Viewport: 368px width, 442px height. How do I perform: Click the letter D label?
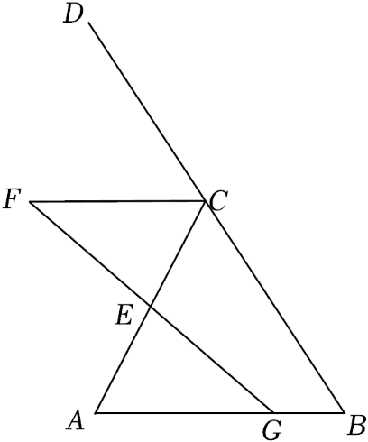[73, 15]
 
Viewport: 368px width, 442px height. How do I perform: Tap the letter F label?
[12, 199]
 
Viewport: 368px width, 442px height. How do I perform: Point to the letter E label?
[124, 317]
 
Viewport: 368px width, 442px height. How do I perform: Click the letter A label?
[76, 420]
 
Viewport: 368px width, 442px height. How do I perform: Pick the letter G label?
[272, 430]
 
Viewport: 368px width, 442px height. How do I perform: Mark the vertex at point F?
[30, 202]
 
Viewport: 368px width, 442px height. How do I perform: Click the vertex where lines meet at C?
[205, 201]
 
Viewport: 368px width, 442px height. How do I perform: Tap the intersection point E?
[150, 306]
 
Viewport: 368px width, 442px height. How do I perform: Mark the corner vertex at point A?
[96, 412]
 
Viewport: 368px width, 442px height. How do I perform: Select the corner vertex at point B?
[345, 412]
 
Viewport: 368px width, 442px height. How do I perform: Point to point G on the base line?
[273, 412]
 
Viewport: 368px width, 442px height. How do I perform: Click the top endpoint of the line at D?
[88, 23]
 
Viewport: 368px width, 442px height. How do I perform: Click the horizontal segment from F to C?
[117, 202]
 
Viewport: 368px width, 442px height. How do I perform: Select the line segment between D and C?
[147, 112]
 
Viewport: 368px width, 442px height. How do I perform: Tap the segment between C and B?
[274, 307]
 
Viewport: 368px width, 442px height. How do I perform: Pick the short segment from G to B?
[308, 412]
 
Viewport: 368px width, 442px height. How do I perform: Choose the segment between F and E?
[89, 254]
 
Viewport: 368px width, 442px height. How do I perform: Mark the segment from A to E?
[123, 359]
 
